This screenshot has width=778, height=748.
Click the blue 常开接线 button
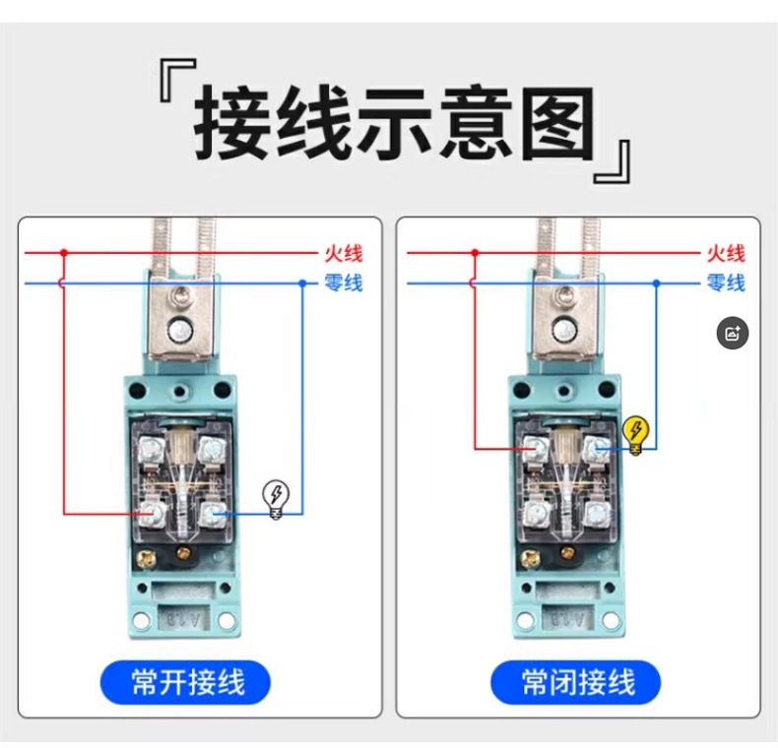[185, 682]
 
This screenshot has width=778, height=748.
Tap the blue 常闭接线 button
[576, 682]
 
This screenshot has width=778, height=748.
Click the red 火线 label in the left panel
[344, 253]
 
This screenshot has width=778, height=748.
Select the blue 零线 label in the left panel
[344, 283]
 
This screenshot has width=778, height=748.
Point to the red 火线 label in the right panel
[726, 253]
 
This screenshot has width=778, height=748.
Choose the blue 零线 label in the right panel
[726, 283]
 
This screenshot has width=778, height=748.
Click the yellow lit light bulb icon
[635, 435]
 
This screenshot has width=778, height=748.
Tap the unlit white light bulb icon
[276, 499]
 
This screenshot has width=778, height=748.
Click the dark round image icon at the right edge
[733, 333]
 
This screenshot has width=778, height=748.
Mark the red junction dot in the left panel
[63, 253]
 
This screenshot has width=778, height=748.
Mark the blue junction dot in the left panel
[302, 283]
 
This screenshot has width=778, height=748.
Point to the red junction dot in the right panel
[475, 253]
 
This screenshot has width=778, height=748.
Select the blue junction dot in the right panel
[657, 283]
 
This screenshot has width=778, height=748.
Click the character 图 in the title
[557, 124]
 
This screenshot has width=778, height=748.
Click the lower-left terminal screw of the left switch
[151, 514]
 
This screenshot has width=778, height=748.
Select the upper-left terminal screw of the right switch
[534, 449]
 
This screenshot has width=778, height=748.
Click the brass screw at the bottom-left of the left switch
[148, 560]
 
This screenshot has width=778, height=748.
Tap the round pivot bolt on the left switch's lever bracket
[179, 330]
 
